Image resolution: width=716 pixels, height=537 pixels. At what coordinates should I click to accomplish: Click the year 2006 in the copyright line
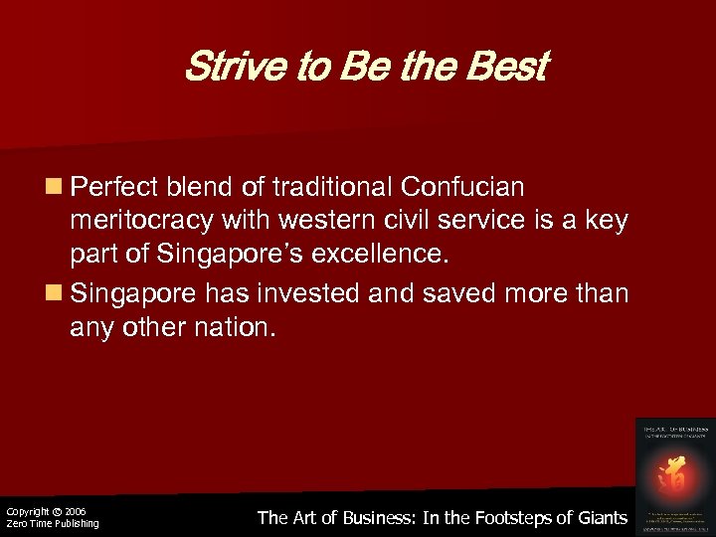[75, 511]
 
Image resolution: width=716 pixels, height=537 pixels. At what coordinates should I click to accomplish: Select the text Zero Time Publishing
[53, 524]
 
